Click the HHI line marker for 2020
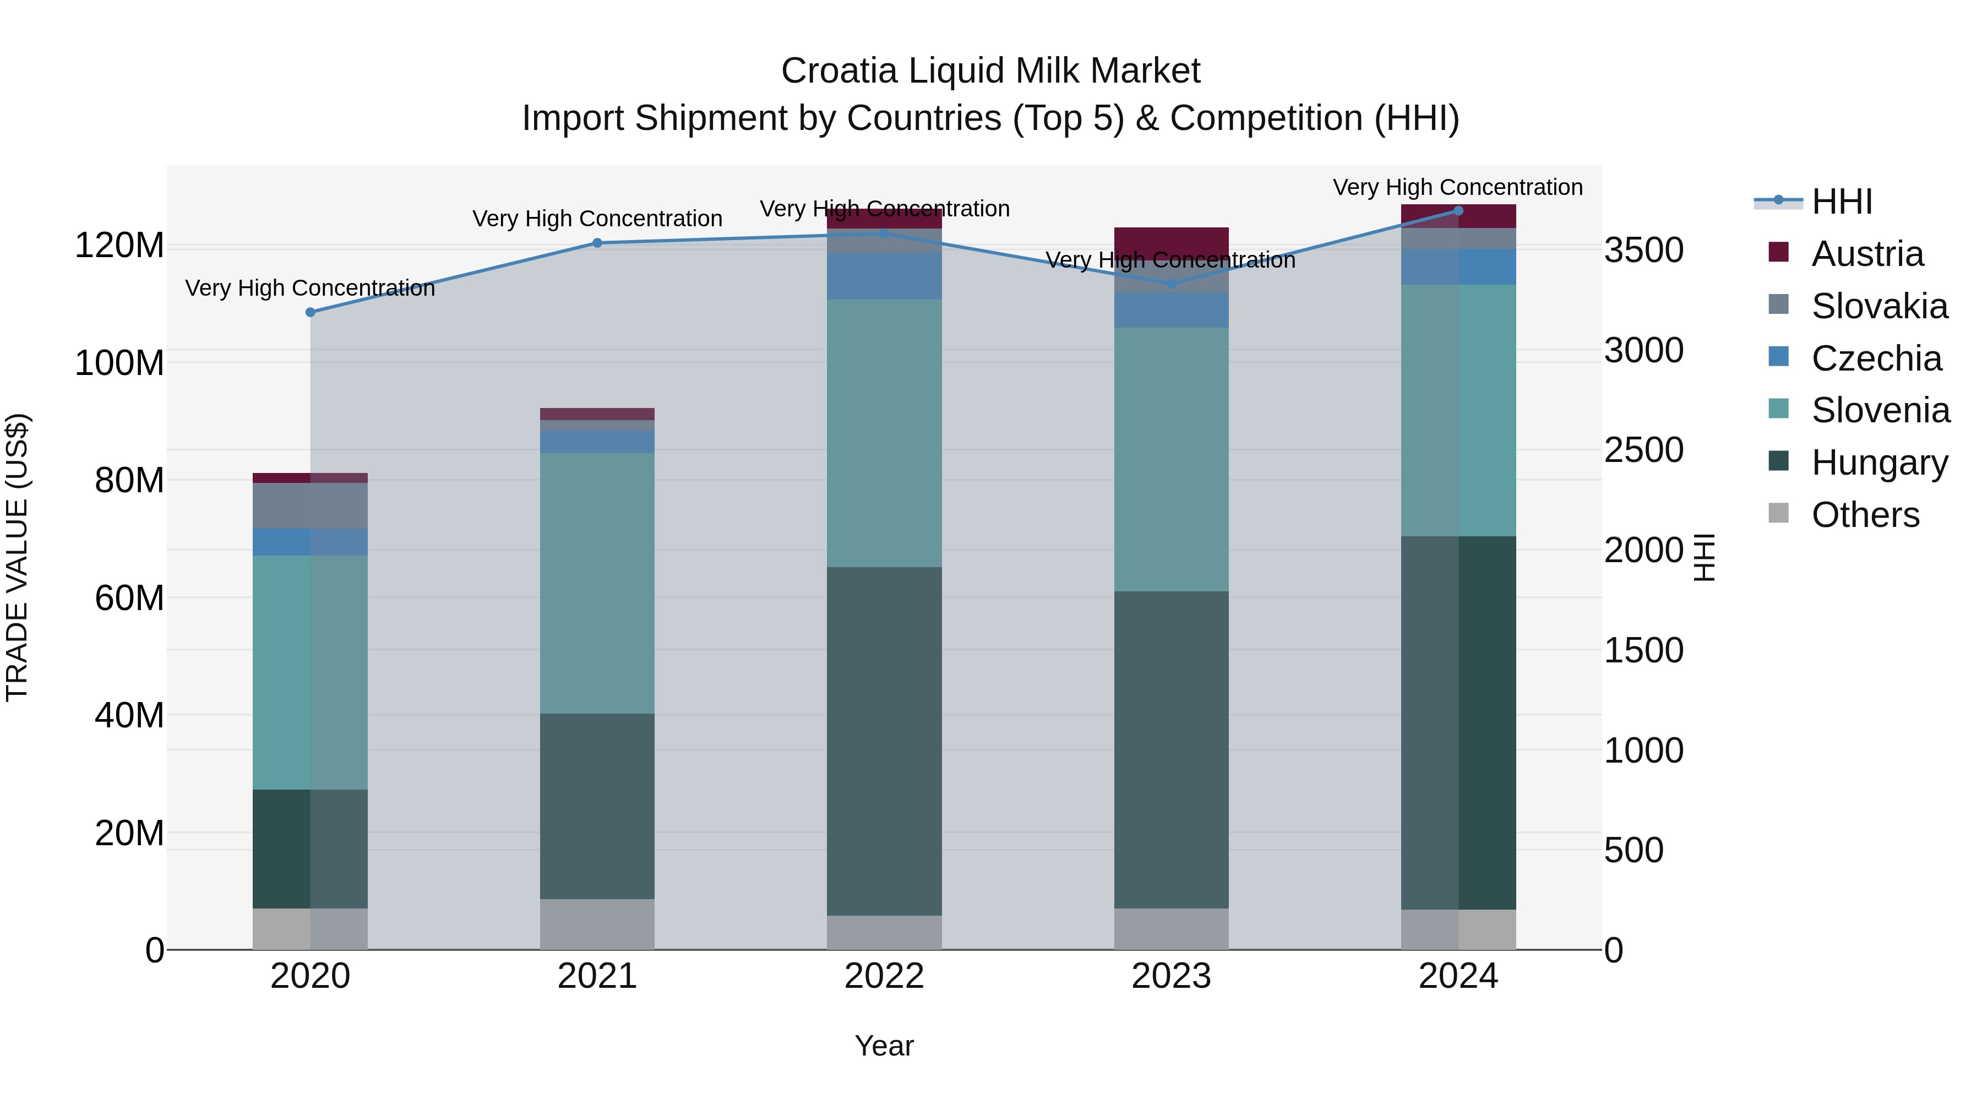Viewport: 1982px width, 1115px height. click(310, 312)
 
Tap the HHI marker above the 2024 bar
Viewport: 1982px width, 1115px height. click(1458, 211)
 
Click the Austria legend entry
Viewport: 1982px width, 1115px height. click(1867, 254)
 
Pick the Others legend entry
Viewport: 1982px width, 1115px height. click(1865, 515)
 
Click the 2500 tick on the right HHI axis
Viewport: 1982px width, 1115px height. click(1643, 450)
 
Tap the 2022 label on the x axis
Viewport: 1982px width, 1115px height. click(884, 976)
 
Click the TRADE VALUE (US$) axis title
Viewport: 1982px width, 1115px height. click(17, 557)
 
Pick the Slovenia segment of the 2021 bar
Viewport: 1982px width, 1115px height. click(597, 583)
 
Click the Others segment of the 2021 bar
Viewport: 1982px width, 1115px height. click(597, 923)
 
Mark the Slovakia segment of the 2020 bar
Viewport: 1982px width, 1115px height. click(310, 505)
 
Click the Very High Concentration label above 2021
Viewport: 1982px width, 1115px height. click(597, 219)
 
